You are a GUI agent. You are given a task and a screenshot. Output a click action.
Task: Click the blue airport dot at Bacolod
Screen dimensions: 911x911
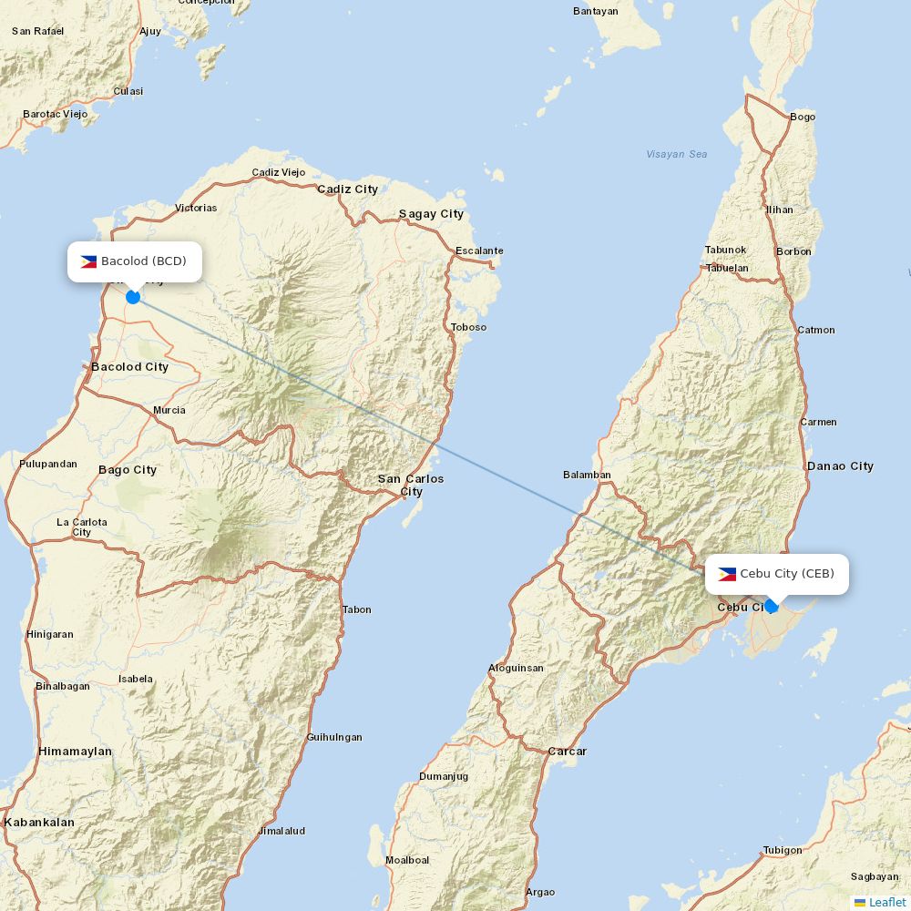coord(133,296)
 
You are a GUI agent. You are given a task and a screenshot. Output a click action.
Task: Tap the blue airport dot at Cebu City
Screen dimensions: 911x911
coord(771,606)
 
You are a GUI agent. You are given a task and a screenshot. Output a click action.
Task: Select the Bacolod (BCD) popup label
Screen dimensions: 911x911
coord(135,261)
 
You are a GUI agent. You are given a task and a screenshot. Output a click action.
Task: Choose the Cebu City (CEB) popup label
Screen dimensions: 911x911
coord(777,574)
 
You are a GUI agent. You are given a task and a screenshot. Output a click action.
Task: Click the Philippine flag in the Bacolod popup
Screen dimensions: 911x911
coord(88,261)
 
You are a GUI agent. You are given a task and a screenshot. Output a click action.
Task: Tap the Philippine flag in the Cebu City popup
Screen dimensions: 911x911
coord(727,574)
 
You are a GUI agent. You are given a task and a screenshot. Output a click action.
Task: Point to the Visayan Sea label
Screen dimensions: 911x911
coord(676,154)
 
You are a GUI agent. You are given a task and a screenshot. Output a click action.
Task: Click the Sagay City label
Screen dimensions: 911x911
coord(431,214)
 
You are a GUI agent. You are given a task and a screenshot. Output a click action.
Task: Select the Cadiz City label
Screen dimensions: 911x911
coord(347,189)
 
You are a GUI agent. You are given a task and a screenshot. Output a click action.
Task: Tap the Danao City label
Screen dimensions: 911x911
coord(840,466)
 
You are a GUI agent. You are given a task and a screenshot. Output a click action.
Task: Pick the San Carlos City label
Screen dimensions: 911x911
coord(411,485)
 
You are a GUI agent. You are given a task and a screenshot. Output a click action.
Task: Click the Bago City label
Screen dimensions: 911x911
coord(128,470)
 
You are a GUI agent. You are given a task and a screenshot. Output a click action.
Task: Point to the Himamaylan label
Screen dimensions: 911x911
coord(76,752)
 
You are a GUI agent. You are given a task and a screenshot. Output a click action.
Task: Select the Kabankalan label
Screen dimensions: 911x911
coord(39,822)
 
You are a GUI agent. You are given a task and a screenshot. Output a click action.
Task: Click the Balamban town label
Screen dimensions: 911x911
coord(587,475)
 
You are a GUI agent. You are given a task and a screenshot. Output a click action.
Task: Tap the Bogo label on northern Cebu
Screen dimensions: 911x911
coord(803,117)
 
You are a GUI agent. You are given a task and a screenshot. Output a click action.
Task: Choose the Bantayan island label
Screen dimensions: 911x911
coord(596,11)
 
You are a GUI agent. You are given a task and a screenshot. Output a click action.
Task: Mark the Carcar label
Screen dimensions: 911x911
coord(567,752)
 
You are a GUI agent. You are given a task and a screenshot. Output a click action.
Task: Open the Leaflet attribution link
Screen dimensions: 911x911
coord(886,902)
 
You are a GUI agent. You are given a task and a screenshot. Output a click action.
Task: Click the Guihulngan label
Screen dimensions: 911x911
coord(334,737)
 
